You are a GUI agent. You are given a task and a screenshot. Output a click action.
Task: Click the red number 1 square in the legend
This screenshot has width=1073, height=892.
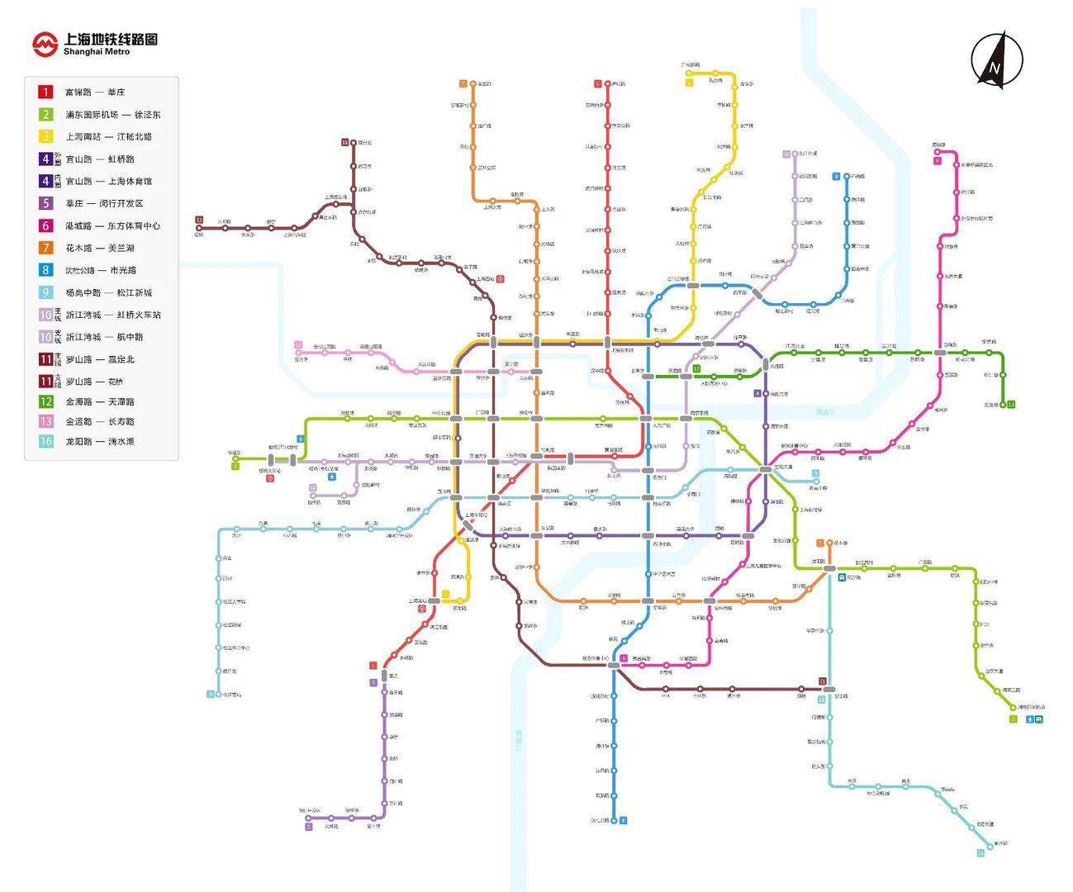(46, 92)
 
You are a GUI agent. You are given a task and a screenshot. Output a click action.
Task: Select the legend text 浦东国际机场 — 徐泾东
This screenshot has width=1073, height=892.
(113, 115)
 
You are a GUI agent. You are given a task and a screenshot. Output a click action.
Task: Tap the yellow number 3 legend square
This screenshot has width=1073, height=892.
(46, 136)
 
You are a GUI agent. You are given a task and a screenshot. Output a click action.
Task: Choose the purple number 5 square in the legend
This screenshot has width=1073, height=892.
(46, 203)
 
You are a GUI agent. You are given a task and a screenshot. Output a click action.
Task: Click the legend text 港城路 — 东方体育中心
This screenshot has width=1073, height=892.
(112, 225)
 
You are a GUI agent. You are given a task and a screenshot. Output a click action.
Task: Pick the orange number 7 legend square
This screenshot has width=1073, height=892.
(46, 248)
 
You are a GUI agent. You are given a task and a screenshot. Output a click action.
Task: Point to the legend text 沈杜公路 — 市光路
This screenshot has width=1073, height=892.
(101, 270)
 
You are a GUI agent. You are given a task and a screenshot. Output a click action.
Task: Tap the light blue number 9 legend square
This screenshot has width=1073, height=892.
(46, 292)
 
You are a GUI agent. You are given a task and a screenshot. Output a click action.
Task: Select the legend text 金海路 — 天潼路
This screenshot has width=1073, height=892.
(100, 401)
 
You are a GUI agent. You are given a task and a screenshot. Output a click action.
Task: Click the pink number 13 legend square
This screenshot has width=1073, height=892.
(46, 421)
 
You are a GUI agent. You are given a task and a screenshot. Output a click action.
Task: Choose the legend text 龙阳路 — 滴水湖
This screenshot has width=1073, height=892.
(100, 442)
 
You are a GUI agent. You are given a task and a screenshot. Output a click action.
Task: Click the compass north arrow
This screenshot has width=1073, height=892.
(996, 59)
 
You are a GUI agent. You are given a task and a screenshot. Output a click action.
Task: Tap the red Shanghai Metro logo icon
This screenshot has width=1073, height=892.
(45, 44)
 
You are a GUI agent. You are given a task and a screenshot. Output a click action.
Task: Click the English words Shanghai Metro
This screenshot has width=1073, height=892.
(97, 52)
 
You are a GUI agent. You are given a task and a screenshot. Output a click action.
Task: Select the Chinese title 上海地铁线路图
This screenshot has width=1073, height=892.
(111, 39)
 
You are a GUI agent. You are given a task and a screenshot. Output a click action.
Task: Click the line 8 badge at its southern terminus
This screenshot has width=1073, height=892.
(624, 820)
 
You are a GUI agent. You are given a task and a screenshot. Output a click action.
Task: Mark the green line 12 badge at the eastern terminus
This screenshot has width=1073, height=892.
(1011, 405)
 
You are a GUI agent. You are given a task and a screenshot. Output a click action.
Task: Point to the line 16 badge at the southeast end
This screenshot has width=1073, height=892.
(980, 853)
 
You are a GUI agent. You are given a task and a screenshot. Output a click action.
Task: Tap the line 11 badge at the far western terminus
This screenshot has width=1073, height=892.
(199, 220)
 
